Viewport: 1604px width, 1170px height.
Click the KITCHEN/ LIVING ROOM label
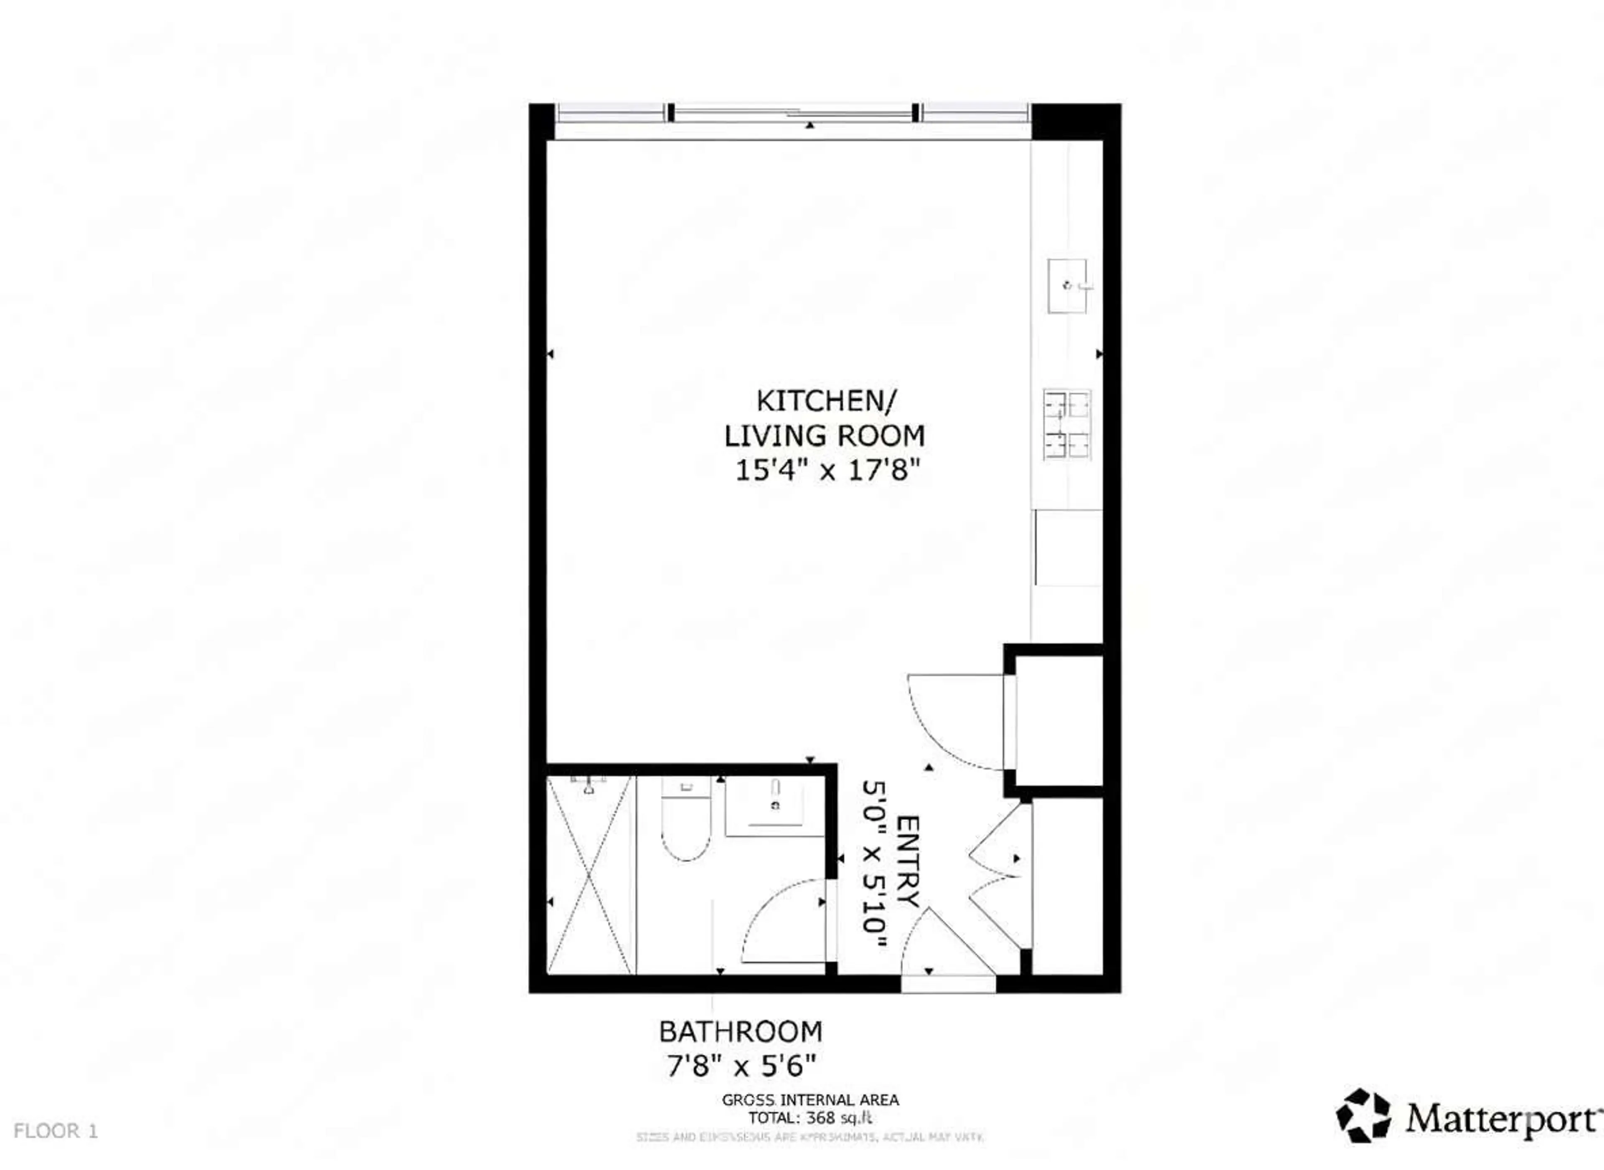point(825,418)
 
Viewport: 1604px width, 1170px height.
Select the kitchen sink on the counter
point(1067,286)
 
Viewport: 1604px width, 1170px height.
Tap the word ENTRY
point(908,861)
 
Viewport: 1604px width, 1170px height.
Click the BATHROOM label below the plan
point(740,1032)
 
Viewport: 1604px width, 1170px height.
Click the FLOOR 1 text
point(55,1131)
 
